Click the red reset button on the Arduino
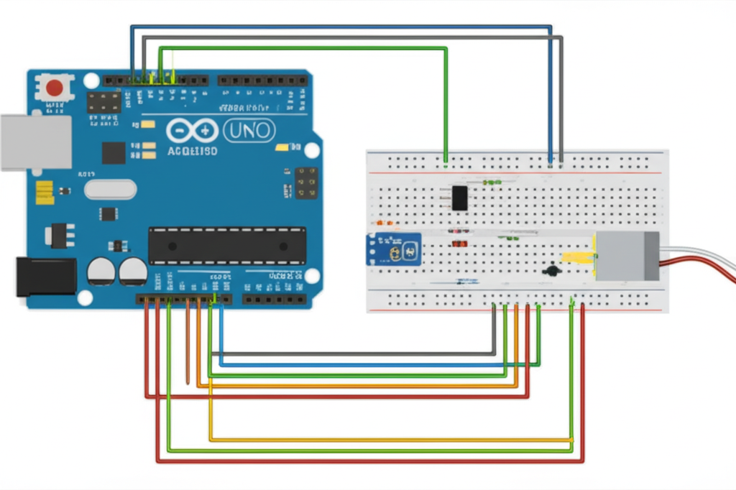click(55, 88)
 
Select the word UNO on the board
click(249, 130)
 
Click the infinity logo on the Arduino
click(192, 131)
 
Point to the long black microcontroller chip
click(227, 246)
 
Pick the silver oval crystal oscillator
click(110, 189)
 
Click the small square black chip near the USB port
click(113, 152)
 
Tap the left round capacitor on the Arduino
click(101, 272)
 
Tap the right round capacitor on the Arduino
click(133, 272)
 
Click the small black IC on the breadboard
click(459, 198)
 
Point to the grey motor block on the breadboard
click(627, 256)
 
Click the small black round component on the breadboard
click(552, 271)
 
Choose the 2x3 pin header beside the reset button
click(104, 101)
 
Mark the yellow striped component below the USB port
click(45, 192)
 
